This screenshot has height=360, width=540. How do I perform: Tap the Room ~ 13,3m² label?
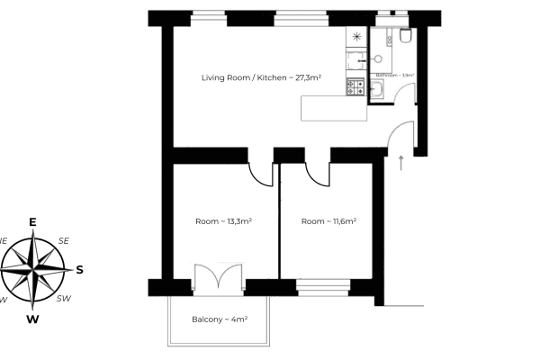[x=222, y=221]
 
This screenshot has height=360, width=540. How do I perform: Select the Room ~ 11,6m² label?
[x=329, y=221]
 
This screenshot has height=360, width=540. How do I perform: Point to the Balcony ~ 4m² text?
[x=220, y=319]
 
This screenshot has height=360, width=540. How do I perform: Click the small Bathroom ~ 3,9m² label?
[x=393, y=76]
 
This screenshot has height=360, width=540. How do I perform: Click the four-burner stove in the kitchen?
[x=355, y=87]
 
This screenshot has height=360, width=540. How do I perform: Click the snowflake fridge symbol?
[x=357, y=37]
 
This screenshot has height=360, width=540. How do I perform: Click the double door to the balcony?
[x=217, y=278]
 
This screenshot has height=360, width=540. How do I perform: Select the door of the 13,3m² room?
[x=262, y=174]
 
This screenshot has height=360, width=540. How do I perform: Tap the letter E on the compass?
[x=32, y=222]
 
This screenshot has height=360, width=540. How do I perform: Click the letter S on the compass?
[x=79, y=269]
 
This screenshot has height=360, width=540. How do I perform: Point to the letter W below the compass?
[x=32, y=318]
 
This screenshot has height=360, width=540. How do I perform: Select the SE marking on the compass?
[x=63, y=240]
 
